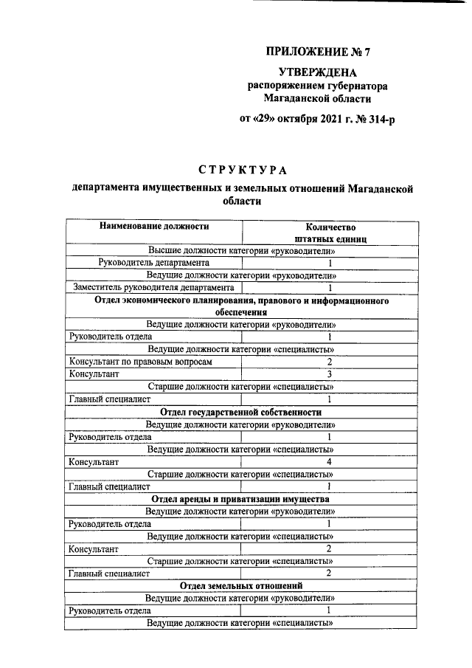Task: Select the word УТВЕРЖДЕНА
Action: click(316, 72)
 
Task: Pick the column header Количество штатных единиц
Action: click(330, 233)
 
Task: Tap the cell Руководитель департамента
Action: click(153, 262)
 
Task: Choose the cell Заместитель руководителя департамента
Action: click(151, 287)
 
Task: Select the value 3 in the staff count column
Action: click(330, 374)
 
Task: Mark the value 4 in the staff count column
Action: click(330, 461)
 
